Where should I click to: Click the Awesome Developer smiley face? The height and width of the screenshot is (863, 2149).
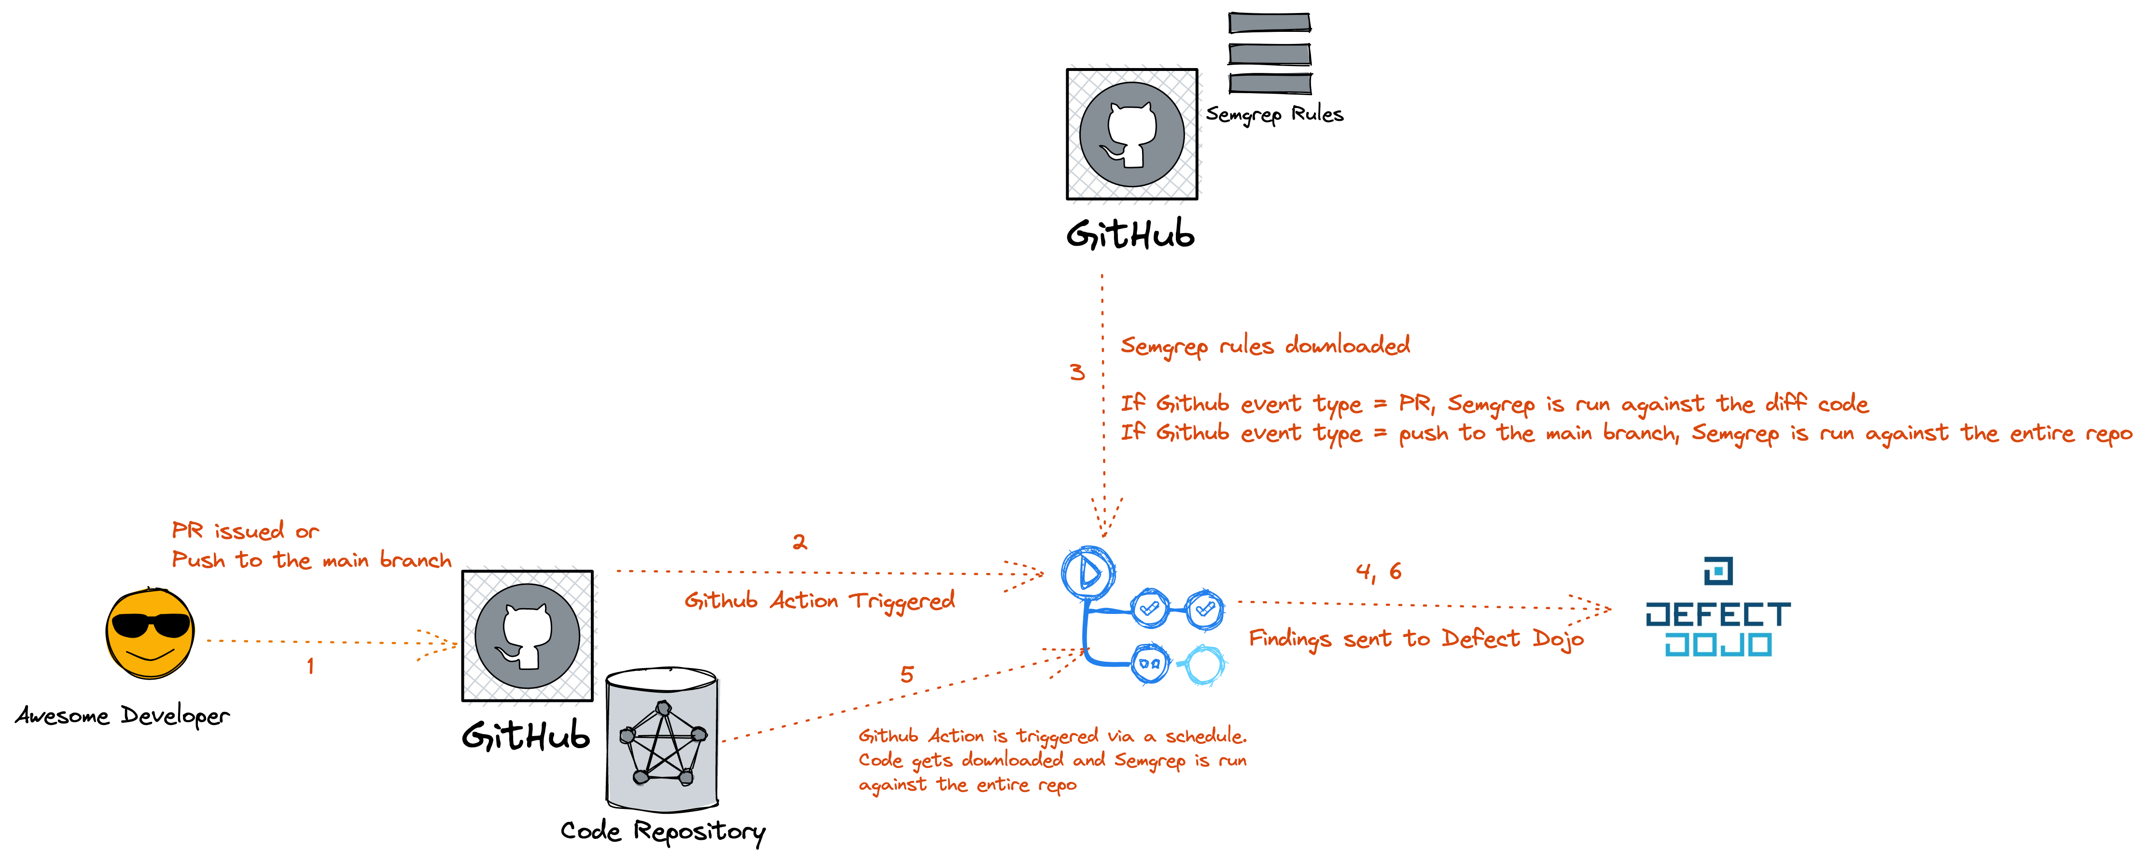pyautogui.click(x=150, y=634)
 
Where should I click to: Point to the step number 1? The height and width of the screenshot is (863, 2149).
pyautogui.click(x=310, y=666)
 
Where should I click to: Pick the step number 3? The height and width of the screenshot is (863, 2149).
pyautogui.click(x=1077, y=373)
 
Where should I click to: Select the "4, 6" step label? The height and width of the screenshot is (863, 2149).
pyautogui.click(x=1378, y=572)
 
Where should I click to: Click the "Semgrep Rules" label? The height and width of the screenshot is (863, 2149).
pyautogui.click(x=1274, y=114)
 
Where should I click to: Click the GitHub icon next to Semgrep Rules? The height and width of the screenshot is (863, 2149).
pyautogui.click(x=1132, y=134)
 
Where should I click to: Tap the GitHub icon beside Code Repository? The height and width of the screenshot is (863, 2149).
pyautogui.click(x=527, y=635)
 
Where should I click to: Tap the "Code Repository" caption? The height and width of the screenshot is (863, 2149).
pyautogui.click(x=662, y=831)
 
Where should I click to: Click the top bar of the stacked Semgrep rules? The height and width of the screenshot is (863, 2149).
pyautogui.click(x=1269, y=23)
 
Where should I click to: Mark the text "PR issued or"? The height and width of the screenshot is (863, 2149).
pyautogui.click(x=244, y=531)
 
